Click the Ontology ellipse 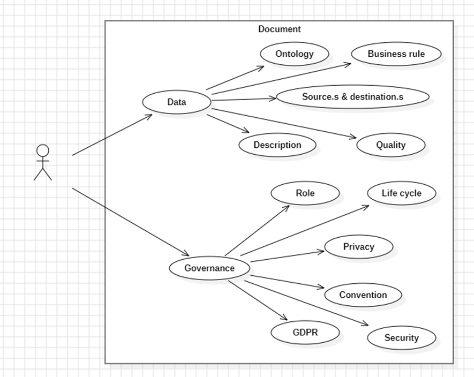(294, 54)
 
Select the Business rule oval (396, 54)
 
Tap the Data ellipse (176, 102)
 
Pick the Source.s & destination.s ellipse (352, 97)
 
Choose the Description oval (277, 145)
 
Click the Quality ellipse (390, 145)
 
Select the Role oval (305, 193)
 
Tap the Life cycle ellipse (401, 193)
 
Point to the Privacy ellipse (358, 247)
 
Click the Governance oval (209, 268)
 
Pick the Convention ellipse (363, 295)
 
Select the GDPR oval (305, 333)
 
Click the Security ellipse (401, 338)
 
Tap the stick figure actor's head (43, 150)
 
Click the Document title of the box (279, 29)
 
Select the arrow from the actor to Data (112, 134)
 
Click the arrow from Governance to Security (307, 303)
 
